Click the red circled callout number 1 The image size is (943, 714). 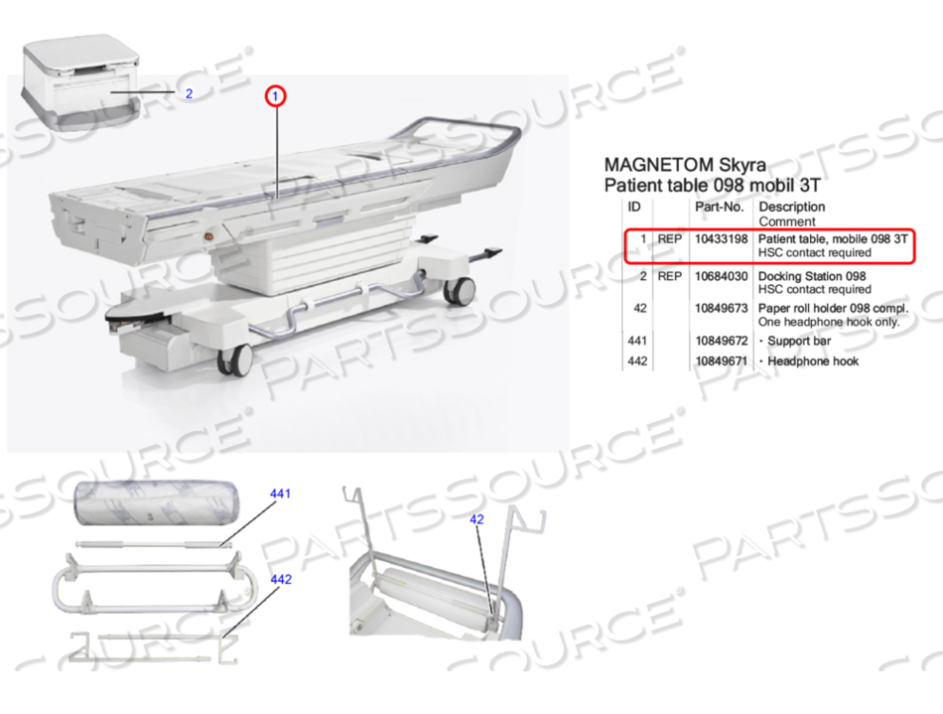coord(275,96)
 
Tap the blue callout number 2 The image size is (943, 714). coord(189,94)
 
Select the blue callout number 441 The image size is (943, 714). coord(281,494)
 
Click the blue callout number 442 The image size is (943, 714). coord(281,579)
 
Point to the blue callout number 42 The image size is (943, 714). coord(476,518)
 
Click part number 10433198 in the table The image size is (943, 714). coord(720,239)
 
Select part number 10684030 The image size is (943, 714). coord(720,276)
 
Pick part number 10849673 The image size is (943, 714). coord(720,309)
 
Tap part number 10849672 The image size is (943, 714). coord(720,341)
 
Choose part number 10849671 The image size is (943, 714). coord(720,361)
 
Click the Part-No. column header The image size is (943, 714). coord(719,208)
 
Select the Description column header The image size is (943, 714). coord(792,208)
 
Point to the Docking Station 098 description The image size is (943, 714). coord(812,276)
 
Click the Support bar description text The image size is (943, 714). coord(799,341)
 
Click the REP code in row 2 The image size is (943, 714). coord(670,276)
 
